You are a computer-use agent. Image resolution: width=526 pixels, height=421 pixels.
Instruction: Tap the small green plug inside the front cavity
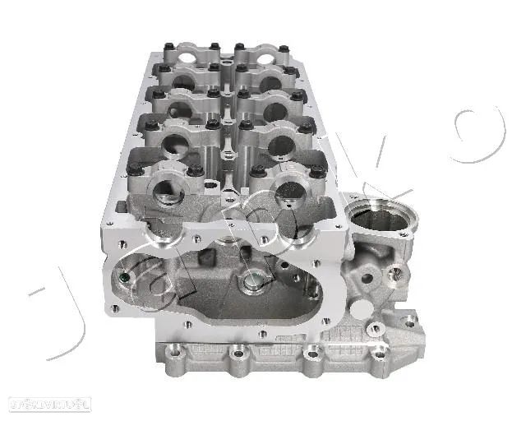point(124,277)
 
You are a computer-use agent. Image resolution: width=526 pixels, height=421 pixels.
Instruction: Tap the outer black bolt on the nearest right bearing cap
point(315,169)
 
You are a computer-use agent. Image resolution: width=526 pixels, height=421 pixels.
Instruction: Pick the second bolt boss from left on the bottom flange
point(238,356)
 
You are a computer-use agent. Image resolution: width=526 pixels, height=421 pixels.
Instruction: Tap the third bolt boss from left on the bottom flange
point(313,355)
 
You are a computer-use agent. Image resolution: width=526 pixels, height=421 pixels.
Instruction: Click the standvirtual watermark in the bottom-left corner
point(49,403)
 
